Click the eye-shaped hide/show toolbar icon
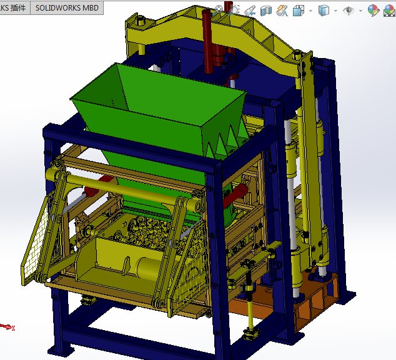pyautogui.click(x=350, y=11)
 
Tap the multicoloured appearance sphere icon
pyautogui.click(x=373, y=11)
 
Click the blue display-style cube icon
pyautogui.click(x=324, y=11)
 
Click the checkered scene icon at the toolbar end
pyautogui.click(x=389, y=11)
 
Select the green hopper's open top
pyautogui.click(x=156, y=94)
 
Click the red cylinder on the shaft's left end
pyautogui.click(x=94, y=187)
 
